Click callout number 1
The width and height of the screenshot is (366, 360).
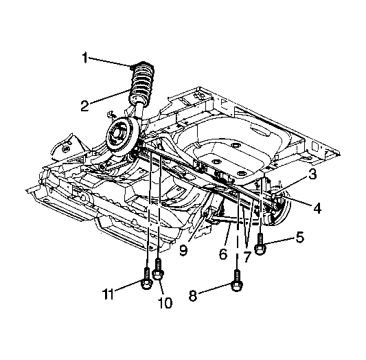(84, 58)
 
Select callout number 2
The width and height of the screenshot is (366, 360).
(85, 106)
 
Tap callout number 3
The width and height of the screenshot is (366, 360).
(312, 174)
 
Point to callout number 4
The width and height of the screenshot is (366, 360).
(317, 207)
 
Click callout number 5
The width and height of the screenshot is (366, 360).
(300, 237)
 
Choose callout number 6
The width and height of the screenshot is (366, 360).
(223, 254)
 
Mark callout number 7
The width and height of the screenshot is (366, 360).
(247, 257)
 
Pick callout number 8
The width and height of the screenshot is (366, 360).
(193, 295)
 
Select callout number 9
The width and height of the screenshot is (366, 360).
(183, 250)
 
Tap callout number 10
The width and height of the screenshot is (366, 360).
(165, 303)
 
